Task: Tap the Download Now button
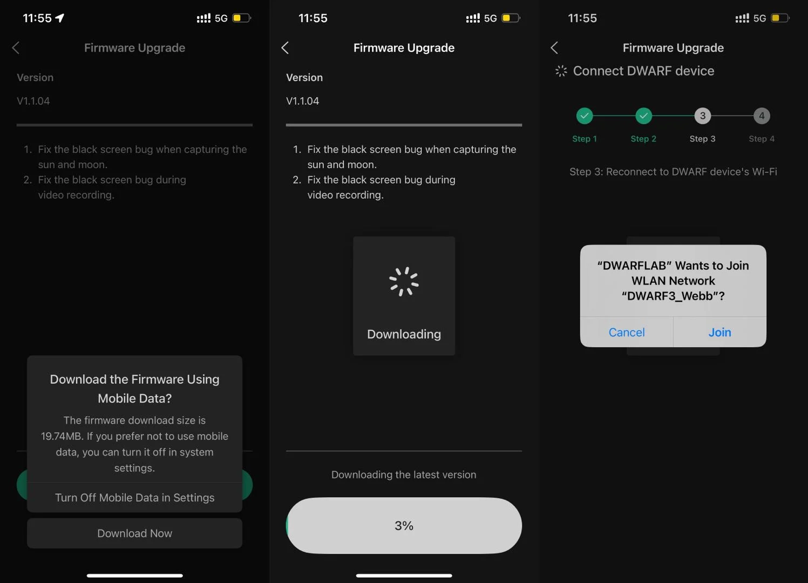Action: pyautogui.click(x=134, y=533)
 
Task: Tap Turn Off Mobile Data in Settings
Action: pyautogui.click(x=134, y=498)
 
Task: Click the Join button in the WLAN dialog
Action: pyautogui.click(x=719, y=332)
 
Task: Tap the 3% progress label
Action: pyautogui.click(x=404, y=525)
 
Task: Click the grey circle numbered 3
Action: pyautogui.click(x=702, y=116)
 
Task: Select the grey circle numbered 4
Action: pyautogui.click(x=762, y=116)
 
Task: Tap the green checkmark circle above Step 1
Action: pyautogui.click(x=585, y=116)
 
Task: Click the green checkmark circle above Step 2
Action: pyautogui.click(x=643, y=116)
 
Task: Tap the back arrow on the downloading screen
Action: pyautogui.click(x=285, y=48)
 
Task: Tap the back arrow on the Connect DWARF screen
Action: pyautogui.click(x=554, y=48)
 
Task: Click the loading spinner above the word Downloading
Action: pyautogui.click(x=404, y=281)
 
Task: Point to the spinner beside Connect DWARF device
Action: pyautogui.click(x=561, y=71)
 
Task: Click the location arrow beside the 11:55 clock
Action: pyautogui.click(x=60, y=18)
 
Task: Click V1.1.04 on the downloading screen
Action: pyautogui.click(x=302, y=101)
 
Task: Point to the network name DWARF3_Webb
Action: pyautogui.click(x=670, y=296)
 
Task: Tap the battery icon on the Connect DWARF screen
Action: pyautogui.click(x=780, y=18)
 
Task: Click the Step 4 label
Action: pyautogui.click(x=762, y=139)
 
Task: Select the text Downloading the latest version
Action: pyautogui.click(x=404, y=474)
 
